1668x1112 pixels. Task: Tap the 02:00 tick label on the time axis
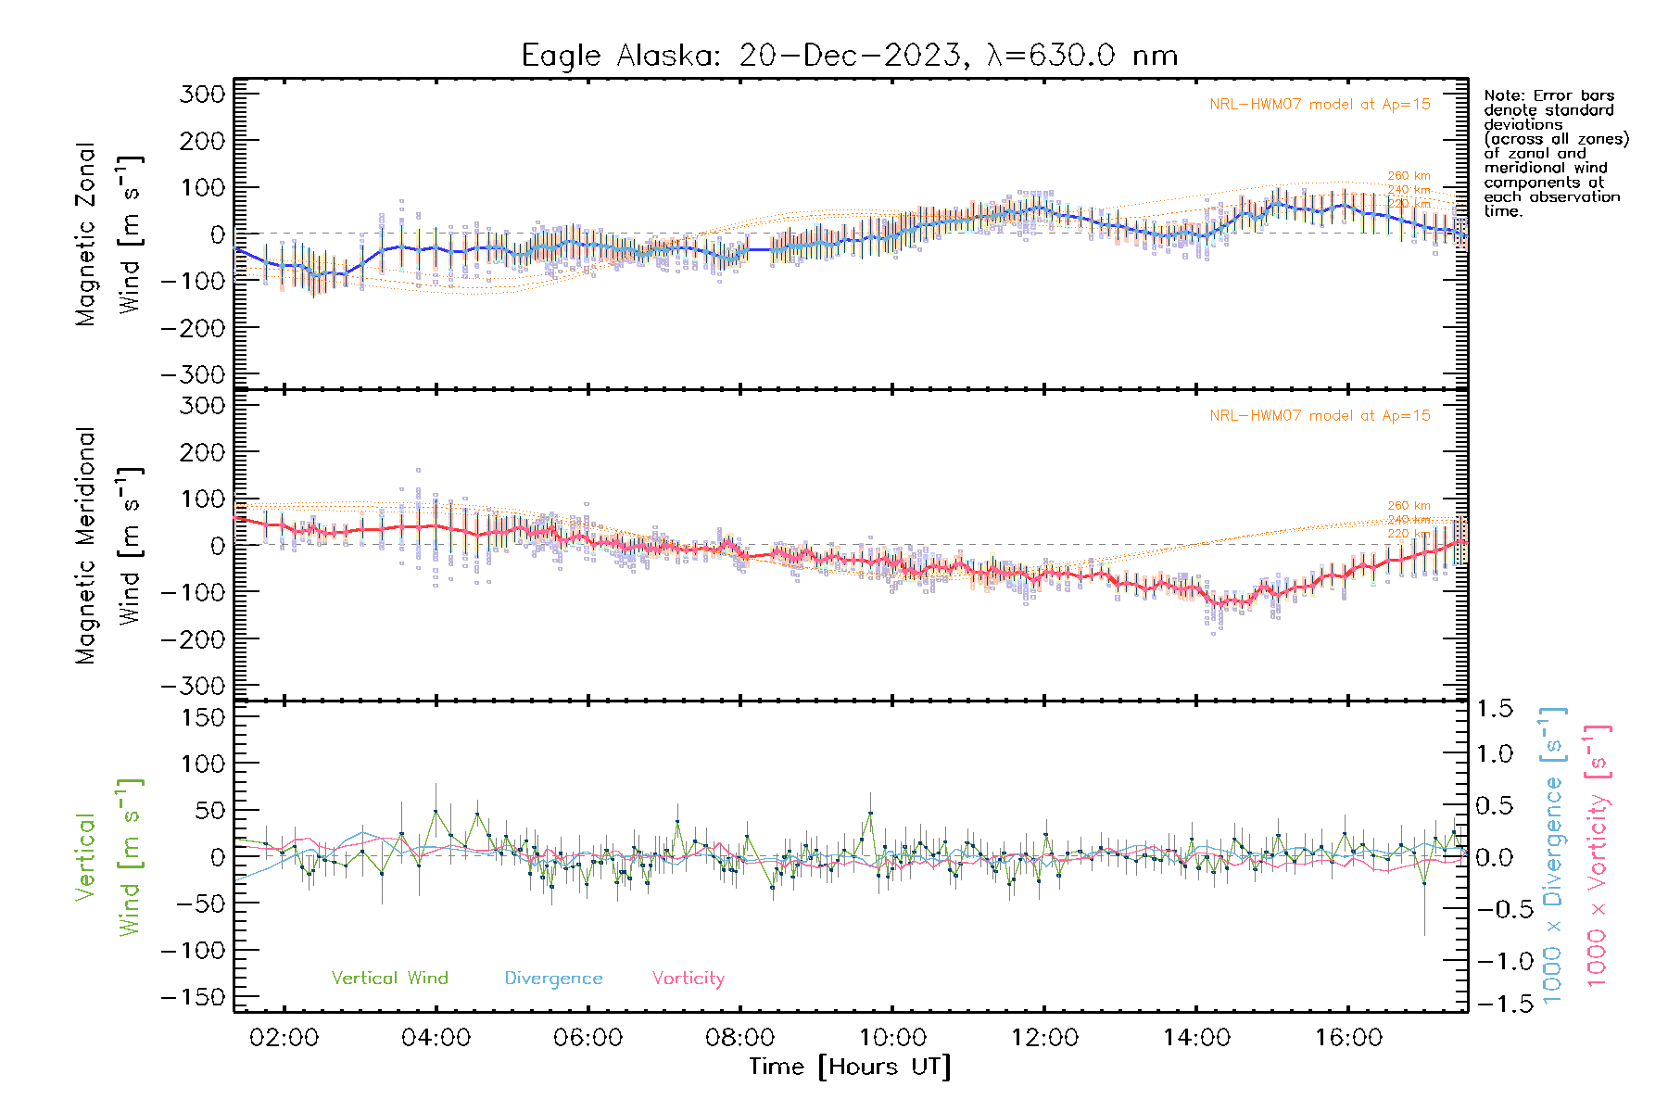[x=284, y=1038]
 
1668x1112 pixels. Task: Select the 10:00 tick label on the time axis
[x=891, y=1038]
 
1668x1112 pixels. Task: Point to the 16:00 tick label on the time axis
[x=1348, y=1038]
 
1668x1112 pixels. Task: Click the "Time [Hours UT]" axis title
[x=850, y=1067]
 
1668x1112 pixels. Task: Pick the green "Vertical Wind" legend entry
[x=389, y=979]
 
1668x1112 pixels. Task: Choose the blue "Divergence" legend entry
[x=553, y=979]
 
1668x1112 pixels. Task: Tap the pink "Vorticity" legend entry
[x=688, y=979]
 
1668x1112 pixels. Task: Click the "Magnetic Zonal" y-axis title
[x=86, y=234]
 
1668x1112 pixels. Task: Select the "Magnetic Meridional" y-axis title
[x=86, y=546]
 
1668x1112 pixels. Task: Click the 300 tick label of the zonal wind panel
[x=202, y=95]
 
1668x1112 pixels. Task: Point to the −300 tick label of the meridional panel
[x=193, y=687]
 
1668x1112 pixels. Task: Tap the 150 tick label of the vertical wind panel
[x=202, y=717]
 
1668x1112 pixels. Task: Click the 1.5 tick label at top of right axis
[x=1495, y=709]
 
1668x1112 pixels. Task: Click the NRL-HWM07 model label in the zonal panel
[x=1320, y=105]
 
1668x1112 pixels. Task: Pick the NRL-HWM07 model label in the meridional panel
[x=1320, y=416]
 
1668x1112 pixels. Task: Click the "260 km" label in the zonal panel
[x=1409, y=176]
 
